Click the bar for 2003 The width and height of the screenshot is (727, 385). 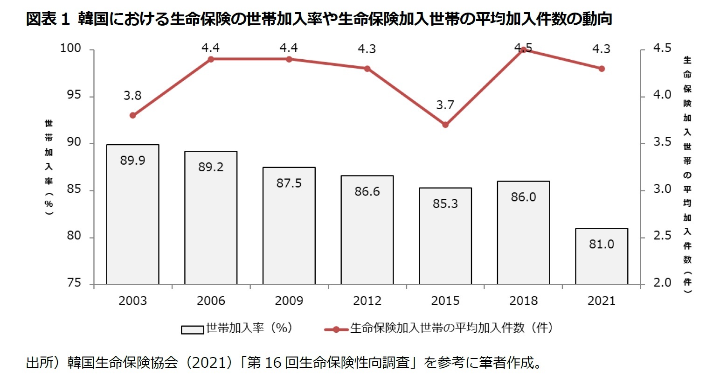tap(132, 215)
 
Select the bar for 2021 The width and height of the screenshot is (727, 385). tap(601, 256)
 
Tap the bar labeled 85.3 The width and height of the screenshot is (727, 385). tap(445, 236)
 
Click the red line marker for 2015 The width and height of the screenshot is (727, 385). tap(445, 125)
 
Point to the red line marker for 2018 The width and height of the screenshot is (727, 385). tap(523, 50)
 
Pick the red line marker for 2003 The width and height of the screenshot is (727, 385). tap(133, 115)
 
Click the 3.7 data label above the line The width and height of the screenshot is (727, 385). tap(445, 105)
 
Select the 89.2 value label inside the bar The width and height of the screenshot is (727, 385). tap(211, 167)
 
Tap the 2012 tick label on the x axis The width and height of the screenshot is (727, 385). tap(367, 301)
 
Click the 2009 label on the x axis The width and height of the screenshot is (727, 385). tap(289, 301)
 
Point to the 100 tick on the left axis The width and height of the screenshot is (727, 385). tap(70, 49)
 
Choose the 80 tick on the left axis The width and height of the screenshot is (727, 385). tap(74, 236)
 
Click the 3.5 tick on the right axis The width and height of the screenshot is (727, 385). tap(662, 142)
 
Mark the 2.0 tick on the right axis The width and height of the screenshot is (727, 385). tap(662, 283)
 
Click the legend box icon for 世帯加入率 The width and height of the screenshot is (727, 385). tap(192, 329)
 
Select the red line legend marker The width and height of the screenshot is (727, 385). tap(336, 329)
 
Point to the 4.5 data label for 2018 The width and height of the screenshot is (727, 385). tap(523, 48)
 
